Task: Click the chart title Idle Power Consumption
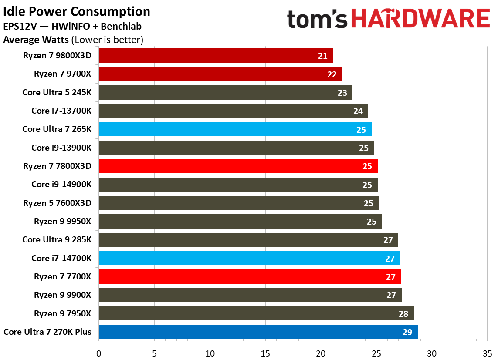(x=77, y=11)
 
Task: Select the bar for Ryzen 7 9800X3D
(x=215, y=56)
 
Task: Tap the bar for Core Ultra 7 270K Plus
(x=258, y=332)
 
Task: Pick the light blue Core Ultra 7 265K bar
(x=235, y=129)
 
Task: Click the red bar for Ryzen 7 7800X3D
(x=238, y=166)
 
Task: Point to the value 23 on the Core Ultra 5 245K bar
(x=342, y=93)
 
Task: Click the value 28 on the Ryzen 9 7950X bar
(x=403, y=314)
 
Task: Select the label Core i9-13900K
(x=61, y=148)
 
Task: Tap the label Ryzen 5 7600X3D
(x=58, y=203)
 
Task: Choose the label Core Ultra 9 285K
(x=57, y=240)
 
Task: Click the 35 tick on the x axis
(x=487, y=353)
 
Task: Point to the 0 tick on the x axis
(x=99, y=353)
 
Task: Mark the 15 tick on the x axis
(x=265, y=353)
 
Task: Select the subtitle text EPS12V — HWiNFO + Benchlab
(x=72, y=27)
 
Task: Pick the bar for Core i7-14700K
(x=249, y=259)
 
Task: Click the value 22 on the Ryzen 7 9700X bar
(x=332, y=74)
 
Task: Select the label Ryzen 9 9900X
(x=63, y=295)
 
